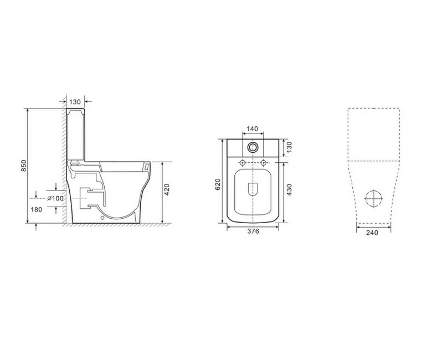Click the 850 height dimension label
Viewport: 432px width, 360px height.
(x=24, y=166)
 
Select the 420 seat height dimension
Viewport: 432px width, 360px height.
(x=167, y=189)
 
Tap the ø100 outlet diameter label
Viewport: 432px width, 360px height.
(x=55, y=198)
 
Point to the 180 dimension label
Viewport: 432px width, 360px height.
(x=36, y=210)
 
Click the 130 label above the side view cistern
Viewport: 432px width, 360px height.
(x=75, y=102)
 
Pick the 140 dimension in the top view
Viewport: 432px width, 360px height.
(x=253, y=129)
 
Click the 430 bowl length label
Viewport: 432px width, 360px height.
(x=289, y=190)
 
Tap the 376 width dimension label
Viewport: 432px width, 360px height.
(x=253, y=231)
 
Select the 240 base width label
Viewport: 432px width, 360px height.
(x=372, y=233)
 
